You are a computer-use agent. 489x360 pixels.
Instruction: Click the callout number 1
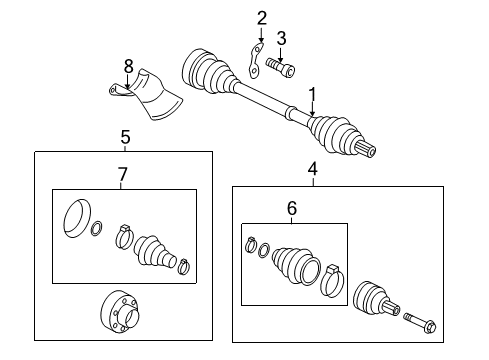[x=312, y=95]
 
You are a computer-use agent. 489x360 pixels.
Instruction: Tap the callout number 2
[x=262, y=18]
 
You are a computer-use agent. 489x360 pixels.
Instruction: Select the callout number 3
[x=282, y=38]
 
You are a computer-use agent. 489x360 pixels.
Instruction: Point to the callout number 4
[x=312, y=169]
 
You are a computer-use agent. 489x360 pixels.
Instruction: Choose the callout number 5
[x=125, y=137]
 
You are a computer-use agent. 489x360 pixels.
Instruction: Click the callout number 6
[x=292, y=208]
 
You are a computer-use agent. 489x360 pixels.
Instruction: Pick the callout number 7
[x=123, y=174]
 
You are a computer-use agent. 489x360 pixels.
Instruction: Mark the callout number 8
[x=129, y=66]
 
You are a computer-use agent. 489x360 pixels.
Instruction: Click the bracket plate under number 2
[x=255, y=61]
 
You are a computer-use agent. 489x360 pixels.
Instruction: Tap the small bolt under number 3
[x=280, y=67]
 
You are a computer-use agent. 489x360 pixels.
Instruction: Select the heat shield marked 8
[x=147, y=94]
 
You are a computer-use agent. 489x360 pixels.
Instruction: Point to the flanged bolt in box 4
[x=420, y=322]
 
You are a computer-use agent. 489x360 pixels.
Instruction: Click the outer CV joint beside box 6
[x=376, y=300]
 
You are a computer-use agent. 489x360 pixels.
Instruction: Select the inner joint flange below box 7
[x=120, y=311]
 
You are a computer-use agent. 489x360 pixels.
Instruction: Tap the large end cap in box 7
[x=77, y=218]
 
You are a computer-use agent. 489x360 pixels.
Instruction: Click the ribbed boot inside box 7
[x=154, y=253]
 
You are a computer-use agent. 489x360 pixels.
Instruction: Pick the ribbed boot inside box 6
[x=296, y=266]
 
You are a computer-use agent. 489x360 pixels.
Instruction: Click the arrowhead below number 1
[x=312, y=113]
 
